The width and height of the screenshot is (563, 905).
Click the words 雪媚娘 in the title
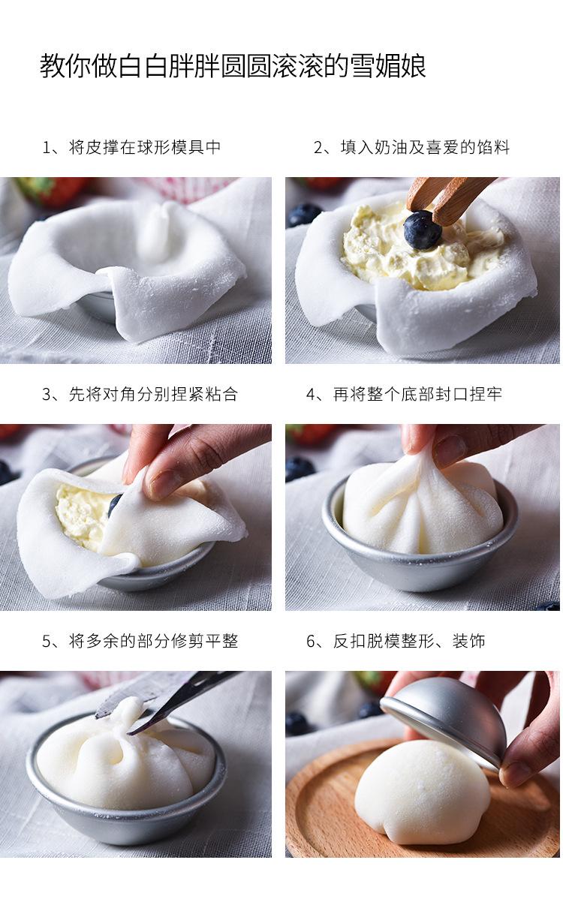[388, 66]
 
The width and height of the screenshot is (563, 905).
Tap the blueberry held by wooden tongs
[423, 230]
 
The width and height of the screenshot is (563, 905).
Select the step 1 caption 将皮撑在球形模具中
[145, 147]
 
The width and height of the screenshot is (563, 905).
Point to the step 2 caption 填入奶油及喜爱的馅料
[425, 147]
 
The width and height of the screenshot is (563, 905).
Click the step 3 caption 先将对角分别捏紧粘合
[153, 394]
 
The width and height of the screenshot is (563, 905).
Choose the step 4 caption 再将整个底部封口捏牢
[417, 394]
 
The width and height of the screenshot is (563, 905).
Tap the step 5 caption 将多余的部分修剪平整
[153, 641]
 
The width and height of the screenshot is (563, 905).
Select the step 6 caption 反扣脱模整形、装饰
[408, 641]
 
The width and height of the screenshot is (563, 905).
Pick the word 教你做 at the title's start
[78, 66]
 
